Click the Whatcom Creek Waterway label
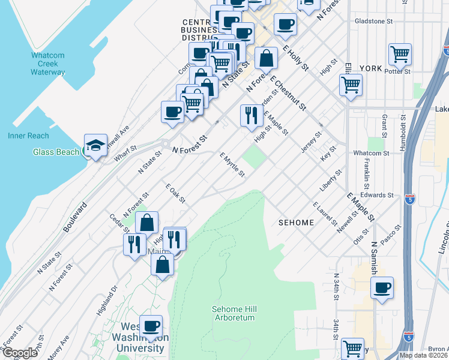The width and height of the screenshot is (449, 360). [48, 64]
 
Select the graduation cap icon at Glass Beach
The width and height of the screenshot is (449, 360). [95, 145]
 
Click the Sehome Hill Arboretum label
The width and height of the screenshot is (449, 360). [234, 313]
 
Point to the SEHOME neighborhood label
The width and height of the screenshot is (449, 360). [296, 223]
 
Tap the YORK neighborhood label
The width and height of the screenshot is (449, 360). [370, 68]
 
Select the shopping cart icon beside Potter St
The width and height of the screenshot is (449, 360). [400, 55]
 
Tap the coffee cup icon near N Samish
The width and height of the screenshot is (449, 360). [382, 287]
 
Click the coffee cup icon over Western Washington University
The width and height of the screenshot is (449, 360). [151, 326]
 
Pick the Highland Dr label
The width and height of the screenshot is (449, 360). [106, 301]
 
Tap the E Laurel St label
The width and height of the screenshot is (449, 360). [325, 214]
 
